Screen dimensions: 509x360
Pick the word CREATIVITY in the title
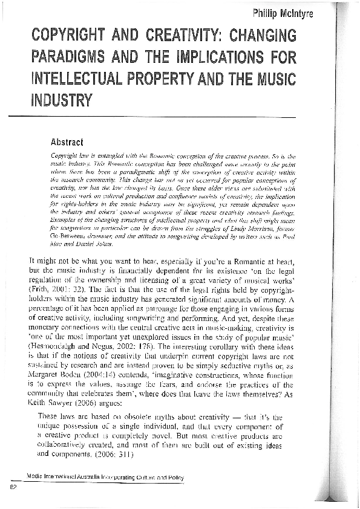click(x=183, y=37)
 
